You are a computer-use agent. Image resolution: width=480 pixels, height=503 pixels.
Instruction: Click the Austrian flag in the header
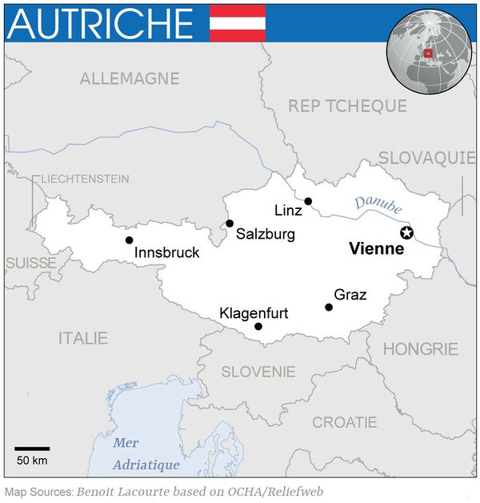(x=237, y=22)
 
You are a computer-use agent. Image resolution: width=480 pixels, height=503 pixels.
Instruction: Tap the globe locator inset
(x=429, y=53)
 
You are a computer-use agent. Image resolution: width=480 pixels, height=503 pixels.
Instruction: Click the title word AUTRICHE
(x=99, y=23)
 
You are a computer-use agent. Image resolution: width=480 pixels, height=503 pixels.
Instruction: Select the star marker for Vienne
(x=406, y=232)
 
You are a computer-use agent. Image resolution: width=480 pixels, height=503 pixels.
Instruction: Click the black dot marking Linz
(x=308, y=201)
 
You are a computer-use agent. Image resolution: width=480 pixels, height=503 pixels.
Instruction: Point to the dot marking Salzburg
(x=230, y=223)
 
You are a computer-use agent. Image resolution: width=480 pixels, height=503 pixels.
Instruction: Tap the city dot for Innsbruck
(x=129, y=239)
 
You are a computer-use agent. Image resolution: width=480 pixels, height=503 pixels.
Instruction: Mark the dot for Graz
(x=329, y=307)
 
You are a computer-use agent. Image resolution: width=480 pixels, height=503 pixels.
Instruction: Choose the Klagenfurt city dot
(x=258, y=326)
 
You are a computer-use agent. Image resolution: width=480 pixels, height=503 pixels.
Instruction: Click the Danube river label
(x=378, y=204)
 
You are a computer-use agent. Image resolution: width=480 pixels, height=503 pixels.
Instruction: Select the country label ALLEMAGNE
(x=129, y=78)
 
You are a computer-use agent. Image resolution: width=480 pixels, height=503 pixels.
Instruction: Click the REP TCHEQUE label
(x=347, y=106)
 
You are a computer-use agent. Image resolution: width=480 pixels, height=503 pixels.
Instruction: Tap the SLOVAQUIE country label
(x=426, y=157)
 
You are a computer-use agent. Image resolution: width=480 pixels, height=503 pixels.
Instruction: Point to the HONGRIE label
(x=420, y=349)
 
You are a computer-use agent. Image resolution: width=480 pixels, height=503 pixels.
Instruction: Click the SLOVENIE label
(x=258, y=372)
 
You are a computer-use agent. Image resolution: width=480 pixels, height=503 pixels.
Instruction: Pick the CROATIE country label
(x=344, y=421)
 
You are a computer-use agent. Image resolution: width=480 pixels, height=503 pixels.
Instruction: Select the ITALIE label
(x=82, y=338)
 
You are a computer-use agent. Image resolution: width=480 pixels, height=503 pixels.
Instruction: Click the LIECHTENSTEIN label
(x=85, y=178)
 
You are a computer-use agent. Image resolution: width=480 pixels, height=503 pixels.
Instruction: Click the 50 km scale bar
(x=32, y=449)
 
